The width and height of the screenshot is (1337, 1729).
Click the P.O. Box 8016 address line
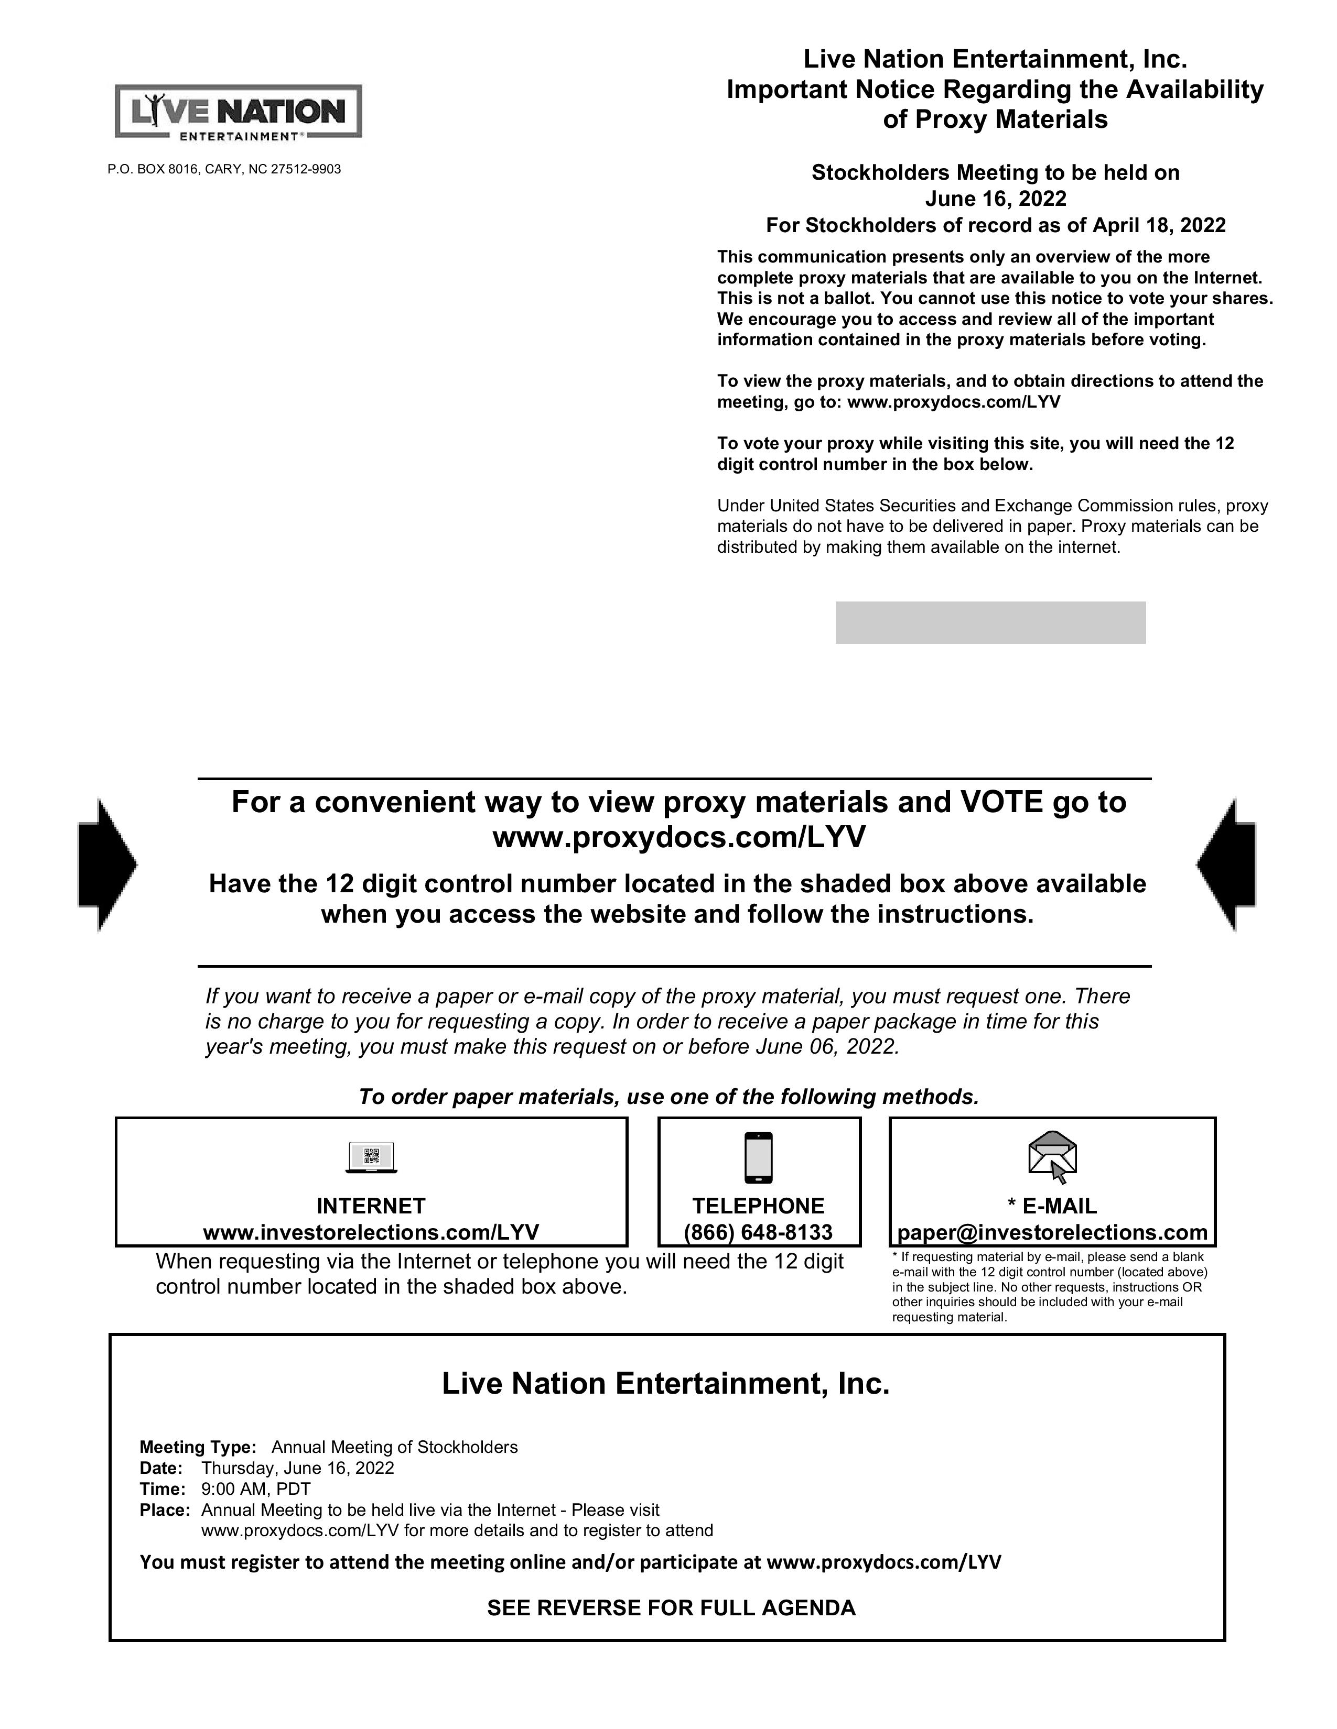pyautogui.click(x=224, y=169)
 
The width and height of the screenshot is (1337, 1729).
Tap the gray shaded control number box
pyautogui.click(x=990, y=623)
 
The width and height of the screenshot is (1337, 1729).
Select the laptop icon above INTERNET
pyautogui.click(x=372, y=1157)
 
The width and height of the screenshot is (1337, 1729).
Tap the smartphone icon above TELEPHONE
pyautogui.click(x=759, y=1157)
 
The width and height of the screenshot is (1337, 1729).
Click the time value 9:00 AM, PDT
pyautogui.click(x=256, y=1489)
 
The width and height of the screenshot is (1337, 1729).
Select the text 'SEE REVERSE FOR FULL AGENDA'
pyautogui.click(x=671, y=1608)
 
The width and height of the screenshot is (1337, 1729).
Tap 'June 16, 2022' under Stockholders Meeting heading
pyautogui.click(x=996, y=199)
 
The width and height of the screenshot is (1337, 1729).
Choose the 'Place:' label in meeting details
pyautogui.click(x=165, y=1509)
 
